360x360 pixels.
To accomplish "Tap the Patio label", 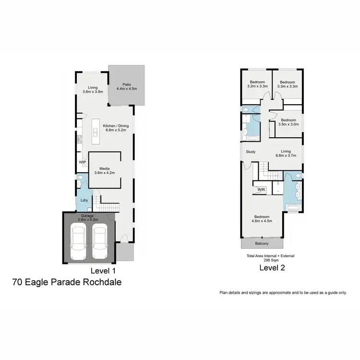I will (127, 84).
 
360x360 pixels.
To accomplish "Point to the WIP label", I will (82, 162).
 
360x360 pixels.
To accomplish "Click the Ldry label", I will (84, 200).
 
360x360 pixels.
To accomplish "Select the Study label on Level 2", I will (250, 152).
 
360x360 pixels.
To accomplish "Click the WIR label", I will (261, 190).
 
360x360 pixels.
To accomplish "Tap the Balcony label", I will (262, 243).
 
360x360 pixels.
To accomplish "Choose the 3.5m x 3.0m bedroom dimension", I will (289, 124).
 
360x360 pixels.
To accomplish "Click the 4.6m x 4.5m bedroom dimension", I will (263, 221).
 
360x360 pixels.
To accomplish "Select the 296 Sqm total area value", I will (270, 260).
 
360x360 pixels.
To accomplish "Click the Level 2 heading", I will (272, 268).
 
